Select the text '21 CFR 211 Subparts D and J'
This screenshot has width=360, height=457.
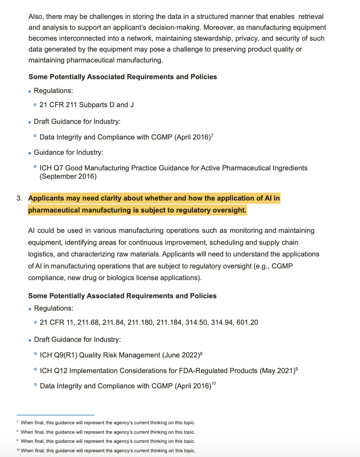(86, 105)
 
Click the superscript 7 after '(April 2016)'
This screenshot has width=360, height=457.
(212, 136)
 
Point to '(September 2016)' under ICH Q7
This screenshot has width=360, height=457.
(68, 177)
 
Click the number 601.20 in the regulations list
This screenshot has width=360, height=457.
(247, 323)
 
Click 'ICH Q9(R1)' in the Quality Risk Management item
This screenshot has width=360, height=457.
(58, 355)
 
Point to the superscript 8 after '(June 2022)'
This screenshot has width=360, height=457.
(201, 353)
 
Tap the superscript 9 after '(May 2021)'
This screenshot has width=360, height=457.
(296, 369)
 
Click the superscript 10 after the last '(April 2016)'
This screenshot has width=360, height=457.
(213, 384)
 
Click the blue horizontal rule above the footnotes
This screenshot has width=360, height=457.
(56, 415)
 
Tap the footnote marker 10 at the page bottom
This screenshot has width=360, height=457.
(18, 450)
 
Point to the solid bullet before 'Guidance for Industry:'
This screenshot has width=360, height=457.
(30, 153)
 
